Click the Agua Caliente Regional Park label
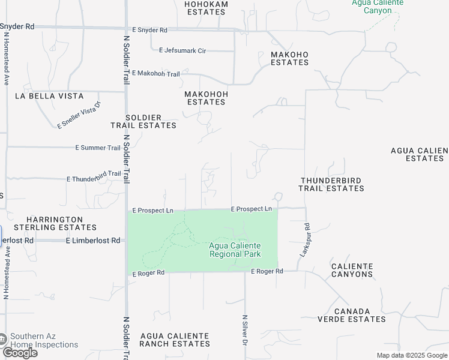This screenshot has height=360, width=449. [235, 250]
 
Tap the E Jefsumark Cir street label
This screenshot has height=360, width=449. [178, 51]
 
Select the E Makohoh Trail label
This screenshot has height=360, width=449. [155, 73]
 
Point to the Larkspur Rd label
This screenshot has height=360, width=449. [303, 241]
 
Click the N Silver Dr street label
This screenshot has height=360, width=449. [245, 329]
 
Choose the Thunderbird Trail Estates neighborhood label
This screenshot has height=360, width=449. [331, 184]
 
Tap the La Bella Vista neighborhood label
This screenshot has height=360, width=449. [49, 96]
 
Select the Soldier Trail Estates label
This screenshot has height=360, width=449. [143, 121]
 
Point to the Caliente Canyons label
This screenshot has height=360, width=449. [352, 270]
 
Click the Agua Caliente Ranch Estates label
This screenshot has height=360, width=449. [175, 340]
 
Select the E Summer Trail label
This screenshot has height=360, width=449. [98, 148]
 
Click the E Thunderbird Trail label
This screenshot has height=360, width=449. [94, 176]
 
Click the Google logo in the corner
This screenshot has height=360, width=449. [20, 353]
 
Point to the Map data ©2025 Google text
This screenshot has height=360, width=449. [411, 355]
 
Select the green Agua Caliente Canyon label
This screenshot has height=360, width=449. [377, 7]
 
